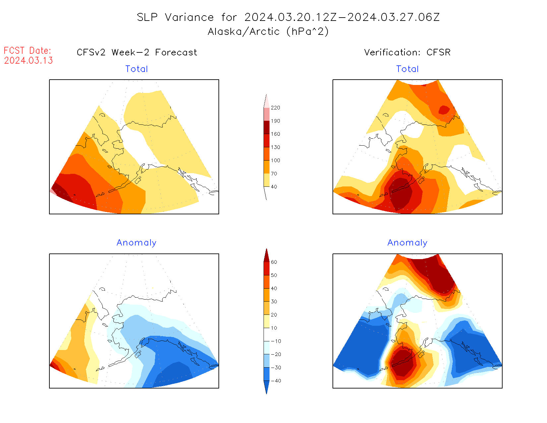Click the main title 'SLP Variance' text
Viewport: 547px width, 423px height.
(175, 17)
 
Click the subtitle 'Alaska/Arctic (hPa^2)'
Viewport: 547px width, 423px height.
(268, 32)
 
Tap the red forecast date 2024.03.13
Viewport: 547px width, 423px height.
(29, 60)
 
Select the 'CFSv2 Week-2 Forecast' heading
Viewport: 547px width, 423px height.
(137, 52)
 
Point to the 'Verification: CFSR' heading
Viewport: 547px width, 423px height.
(407, 52)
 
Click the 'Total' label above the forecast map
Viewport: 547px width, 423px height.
(137, 69)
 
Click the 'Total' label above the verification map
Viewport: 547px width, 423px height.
(407, 69)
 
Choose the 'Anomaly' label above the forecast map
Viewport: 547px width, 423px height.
(137, 243)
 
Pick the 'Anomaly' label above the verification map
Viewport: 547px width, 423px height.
(407, 243)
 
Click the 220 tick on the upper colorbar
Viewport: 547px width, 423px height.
(275, 108)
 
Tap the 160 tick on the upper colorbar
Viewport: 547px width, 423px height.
(275, 134)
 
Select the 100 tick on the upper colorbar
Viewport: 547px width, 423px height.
(275, 161)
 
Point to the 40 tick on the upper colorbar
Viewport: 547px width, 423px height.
(274, 187)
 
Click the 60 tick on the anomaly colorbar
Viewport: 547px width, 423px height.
(274, 262)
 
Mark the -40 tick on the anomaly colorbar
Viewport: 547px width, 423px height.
(276, 381)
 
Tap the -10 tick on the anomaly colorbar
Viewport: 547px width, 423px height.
(276, 341)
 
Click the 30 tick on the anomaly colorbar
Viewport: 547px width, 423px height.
(274, 302)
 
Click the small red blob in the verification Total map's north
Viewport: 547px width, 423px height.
(444, 109)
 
